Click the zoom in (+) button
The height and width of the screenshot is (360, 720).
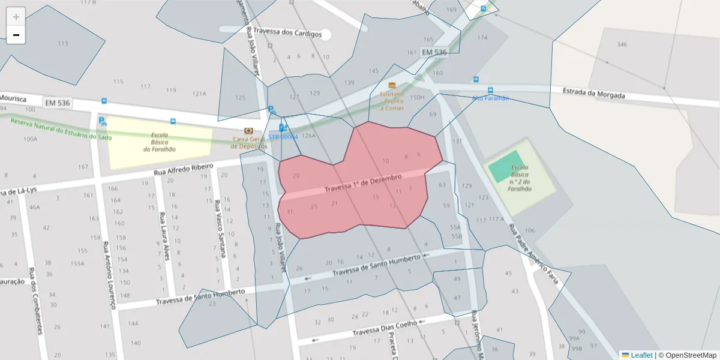[x=16, y=17]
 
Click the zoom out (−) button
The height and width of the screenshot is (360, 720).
[x=16, y=35]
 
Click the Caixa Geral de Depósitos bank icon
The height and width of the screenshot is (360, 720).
[x=249, y=131]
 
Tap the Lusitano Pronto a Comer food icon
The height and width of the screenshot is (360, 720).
[x=392, y=86]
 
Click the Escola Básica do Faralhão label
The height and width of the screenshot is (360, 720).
[x=160, y=142]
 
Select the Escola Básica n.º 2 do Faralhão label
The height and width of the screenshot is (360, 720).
[x=520, y=178]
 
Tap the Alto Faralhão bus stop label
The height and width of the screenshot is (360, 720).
[x=490, y=98]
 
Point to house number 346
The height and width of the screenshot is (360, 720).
[x=622, y=44]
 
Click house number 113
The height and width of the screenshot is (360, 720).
[x=62, y=44]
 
